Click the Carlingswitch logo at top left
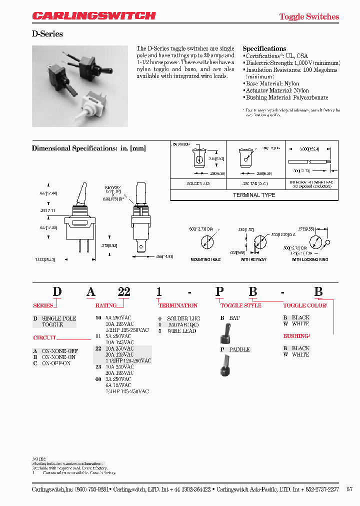pyautogui.click(x=94, y=16)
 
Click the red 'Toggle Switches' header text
pyautogui.click(x=309, y=16)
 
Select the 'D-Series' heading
pyautogui.click(x=47, y=34)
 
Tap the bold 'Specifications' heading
pyautogui.click(x=264, y=48)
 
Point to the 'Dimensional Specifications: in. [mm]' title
pyautogui.click(x=89, y=148)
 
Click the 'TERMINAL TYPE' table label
pyautogui.click(x=254, y=195)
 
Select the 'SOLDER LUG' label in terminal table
pyautogui.click(x=198, y=183)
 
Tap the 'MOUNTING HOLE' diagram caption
pyautogui.click(x=205, y=259)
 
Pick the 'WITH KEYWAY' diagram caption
pyautogui.click(x=253, y=259)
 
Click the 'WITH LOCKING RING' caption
pyautogui.click(x=310, y=259)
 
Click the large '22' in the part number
pyautogui.click(x=123, y=292)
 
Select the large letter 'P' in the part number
pyautogui.click(x=219, y=292)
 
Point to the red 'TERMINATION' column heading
pyautogui.click(x=178, y=305)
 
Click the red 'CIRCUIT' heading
pyautogui.click(x=44, y=338)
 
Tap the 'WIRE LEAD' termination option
pyautogui.click(x=181, y=331)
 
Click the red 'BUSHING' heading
pyautogui.click(x=296, y=336)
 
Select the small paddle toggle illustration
pyautogui.click(x=225, y=365)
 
